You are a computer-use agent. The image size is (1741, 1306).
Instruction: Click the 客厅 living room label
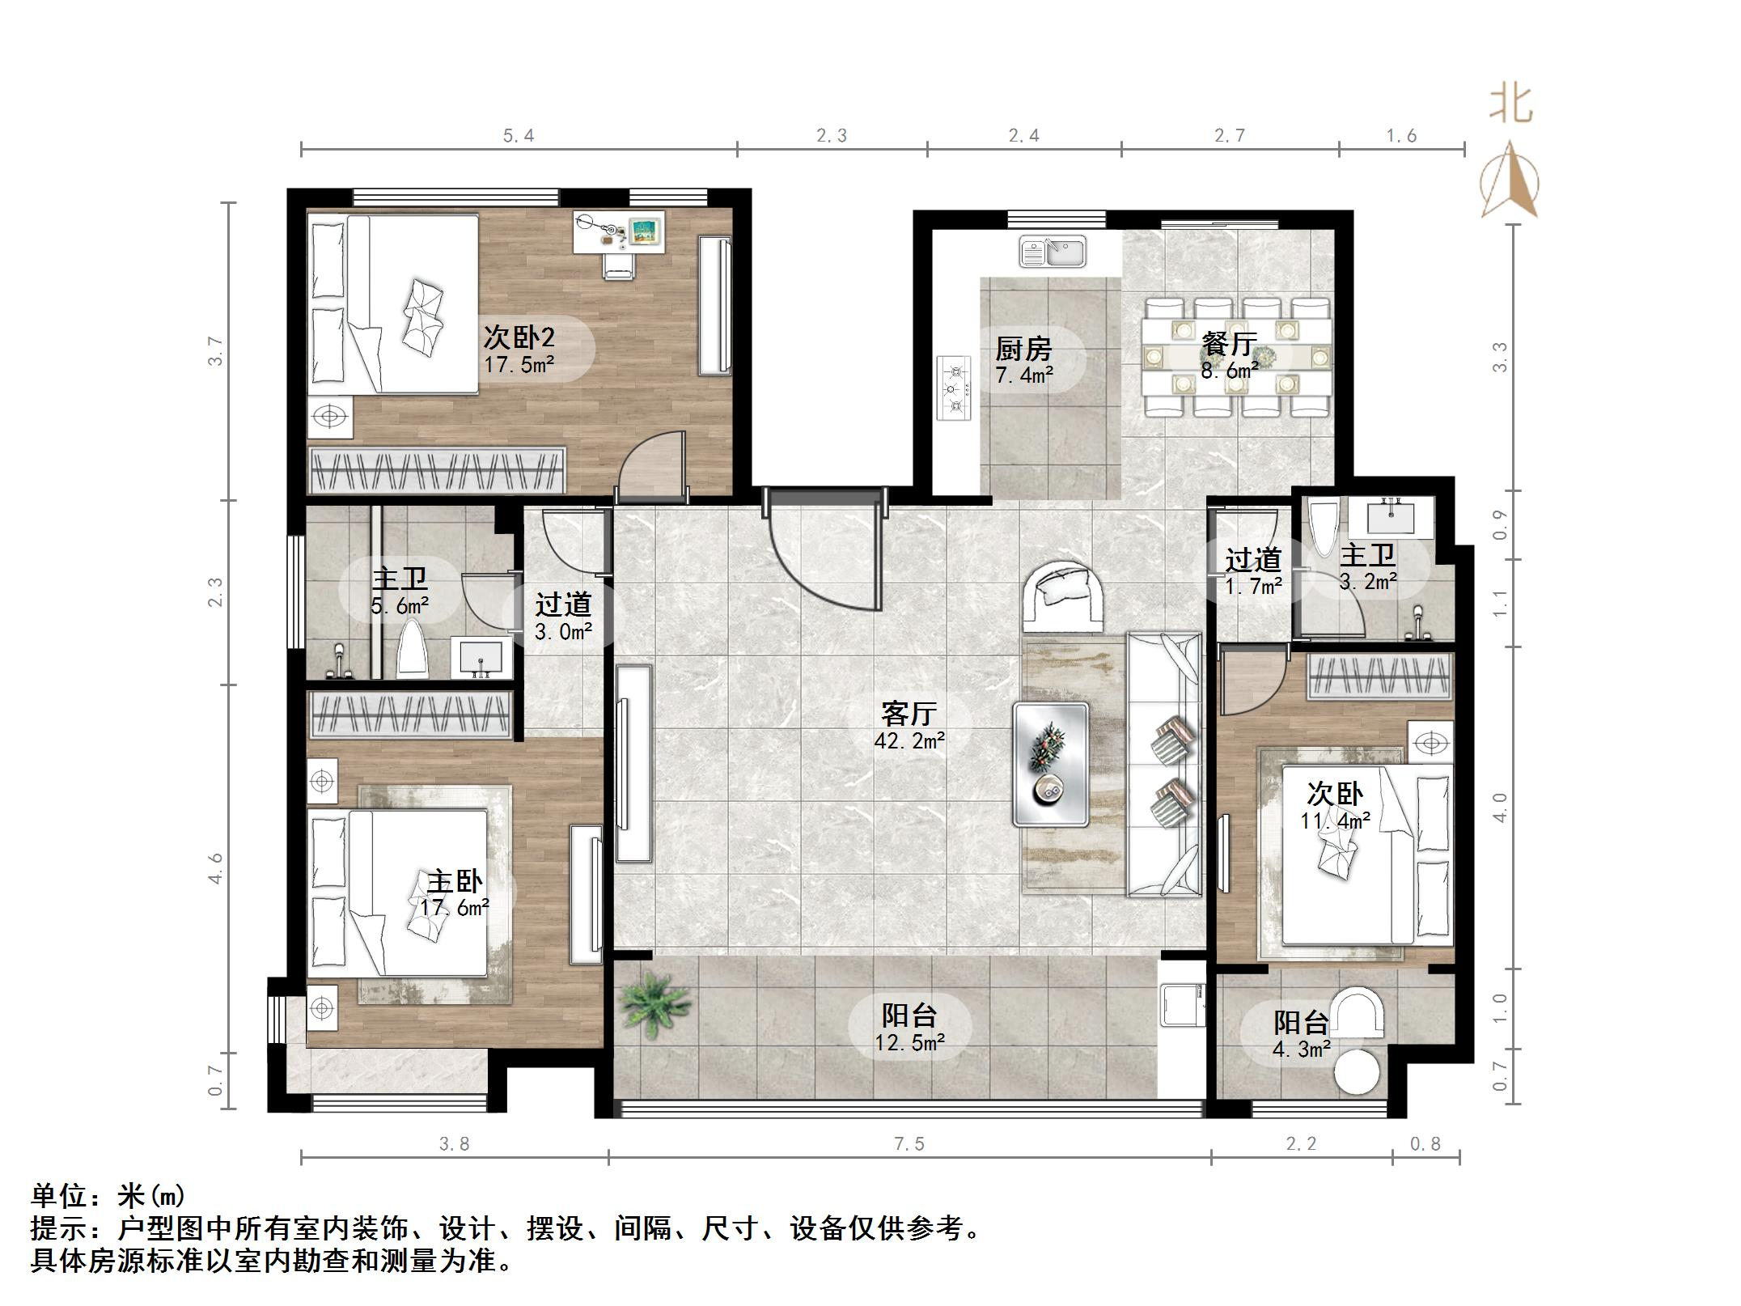(909, 714)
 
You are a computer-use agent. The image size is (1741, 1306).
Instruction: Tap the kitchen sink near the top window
(1053, 252)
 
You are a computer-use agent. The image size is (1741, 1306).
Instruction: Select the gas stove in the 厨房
(955, 388)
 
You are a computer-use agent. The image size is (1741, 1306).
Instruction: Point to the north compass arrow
(1510, 181)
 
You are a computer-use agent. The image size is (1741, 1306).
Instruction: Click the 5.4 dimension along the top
(519, 135)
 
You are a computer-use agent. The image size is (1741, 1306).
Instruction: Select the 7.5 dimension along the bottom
(909, 1143)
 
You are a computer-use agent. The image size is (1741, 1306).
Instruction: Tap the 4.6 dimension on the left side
(215, 867)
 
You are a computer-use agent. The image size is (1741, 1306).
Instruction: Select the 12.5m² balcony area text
(909, 1043)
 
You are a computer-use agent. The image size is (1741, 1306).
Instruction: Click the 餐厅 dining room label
(1228, 345)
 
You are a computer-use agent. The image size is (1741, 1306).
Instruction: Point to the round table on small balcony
(1357, 1071)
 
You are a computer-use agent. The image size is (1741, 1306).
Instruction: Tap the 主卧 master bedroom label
(455, 882)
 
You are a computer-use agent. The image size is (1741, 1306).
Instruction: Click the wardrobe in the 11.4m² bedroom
(1380, 676)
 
